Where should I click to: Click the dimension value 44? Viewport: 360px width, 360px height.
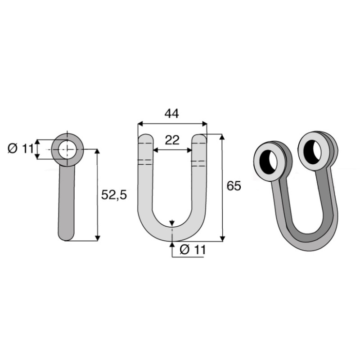(171, 113)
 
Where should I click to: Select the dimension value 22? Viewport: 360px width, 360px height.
(171, 140)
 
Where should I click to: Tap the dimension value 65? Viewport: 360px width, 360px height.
(234, 186)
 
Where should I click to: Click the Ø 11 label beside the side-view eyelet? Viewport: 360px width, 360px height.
(20, 148)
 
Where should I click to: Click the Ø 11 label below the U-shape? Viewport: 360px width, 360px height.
(192, 250)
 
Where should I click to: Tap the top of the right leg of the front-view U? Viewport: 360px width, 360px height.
(199, 138)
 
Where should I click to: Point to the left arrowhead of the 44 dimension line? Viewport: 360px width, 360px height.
(140, 123)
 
